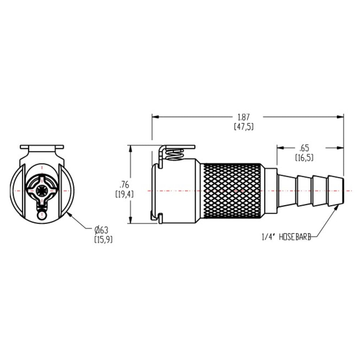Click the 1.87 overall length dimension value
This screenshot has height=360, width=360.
click(244, 117)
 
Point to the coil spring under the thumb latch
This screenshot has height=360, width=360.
click(175, 155)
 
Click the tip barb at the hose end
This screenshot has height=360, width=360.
click(336, 190)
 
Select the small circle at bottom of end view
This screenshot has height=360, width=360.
click(42, 215)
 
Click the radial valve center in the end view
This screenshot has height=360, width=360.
click(42, 190)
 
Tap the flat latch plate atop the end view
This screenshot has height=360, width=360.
click(42, 147)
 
